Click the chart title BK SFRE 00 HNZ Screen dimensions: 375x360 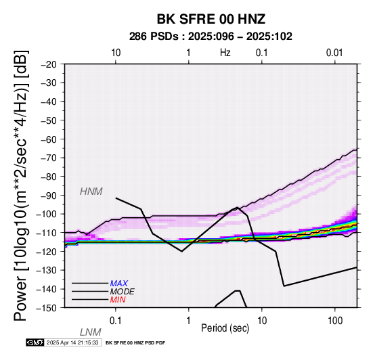[211, 19]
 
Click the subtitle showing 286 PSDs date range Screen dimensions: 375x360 [211, 37]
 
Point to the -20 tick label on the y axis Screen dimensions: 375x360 [49, 64]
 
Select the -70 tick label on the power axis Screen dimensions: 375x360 [49, 158]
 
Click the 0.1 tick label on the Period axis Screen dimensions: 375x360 [116, 321]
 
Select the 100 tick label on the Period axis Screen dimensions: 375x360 [335, 321]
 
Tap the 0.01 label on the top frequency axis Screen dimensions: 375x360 [334, 53]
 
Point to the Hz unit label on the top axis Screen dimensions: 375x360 [225, 53]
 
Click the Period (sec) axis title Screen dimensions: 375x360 [225, 328]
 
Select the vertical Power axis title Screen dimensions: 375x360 [21, 185]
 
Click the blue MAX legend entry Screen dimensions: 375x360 [119, 284]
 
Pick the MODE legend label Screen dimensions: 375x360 [123, 292]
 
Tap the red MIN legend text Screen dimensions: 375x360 [118, 300]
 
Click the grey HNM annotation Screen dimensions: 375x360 [91, 192]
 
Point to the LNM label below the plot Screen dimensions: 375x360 [91, 332]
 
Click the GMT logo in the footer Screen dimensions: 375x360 [35, 342]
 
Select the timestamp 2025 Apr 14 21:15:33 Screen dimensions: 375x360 [72, 342]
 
